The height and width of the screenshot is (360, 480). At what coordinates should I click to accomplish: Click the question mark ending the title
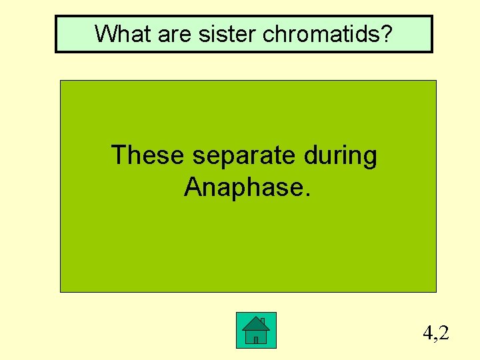(x=385, y=33)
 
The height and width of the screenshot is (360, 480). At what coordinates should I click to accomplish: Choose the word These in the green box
(x=148, y=155)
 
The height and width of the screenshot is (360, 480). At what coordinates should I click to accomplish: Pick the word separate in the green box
(x=242, y=156)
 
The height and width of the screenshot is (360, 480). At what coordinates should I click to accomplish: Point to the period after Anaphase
(x=307, y=195)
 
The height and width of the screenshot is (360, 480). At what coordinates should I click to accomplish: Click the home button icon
(x=256, y=330)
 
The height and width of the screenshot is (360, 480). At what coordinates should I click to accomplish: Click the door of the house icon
(x=255, y=339)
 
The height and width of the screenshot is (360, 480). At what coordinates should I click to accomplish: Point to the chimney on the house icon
(x=263, y=321)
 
